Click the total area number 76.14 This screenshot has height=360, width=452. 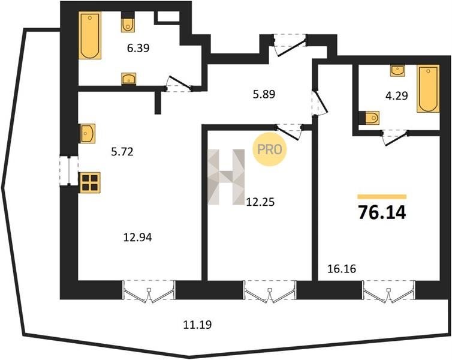click(382, 212)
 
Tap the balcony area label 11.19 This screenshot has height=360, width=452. click(197, 325)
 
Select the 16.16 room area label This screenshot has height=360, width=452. click(342, 269)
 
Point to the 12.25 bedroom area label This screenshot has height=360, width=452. click(260, 202)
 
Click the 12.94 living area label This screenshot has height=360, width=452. click(137, 238)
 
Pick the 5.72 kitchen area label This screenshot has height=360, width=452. click(122, 151)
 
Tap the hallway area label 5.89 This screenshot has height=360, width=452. click(264, 94)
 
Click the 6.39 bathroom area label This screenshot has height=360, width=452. click(138, 48)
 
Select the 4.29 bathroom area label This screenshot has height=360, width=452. click(397, 95)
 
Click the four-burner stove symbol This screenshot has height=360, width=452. click(90, 182)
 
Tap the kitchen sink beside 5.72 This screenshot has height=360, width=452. click(87, 133)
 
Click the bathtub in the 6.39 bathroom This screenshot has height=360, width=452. click(90, 35)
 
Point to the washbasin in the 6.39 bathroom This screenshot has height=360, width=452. click(128, 79)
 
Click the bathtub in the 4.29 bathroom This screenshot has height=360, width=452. click(428, 89)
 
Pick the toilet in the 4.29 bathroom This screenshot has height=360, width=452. click(372, 118)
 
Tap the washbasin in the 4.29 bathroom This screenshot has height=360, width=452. click(397, 70)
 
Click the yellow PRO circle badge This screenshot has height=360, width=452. click(270, 149)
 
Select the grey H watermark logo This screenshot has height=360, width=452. click(226, 177)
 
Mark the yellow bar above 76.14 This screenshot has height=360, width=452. click(382, 197)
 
